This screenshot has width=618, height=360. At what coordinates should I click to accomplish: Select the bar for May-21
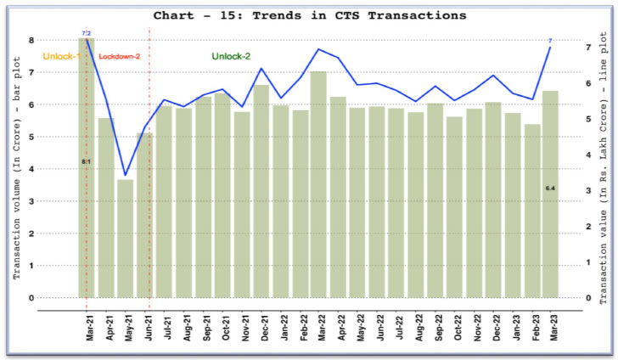point(126,239)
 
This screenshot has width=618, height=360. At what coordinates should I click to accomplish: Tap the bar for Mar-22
point(319,184)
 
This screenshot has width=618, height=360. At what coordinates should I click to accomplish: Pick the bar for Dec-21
point(261,191)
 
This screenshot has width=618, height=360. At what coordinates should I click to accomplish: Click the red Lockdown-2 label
point(118,57)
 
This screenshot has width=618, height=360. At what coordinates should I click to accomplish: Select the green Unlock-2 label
point(231,56)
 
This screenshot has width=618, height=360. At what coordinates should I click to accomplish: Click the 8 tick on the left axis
point(31,40)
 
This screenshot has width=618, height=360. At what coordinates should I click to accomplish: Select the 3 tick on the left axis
point(31,201)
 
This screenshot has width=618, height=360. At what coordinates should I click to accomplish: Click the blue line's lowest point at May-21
point(126,175)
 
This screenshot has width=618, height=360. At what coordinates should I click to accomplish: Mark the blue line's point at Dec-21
point(261,69)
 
